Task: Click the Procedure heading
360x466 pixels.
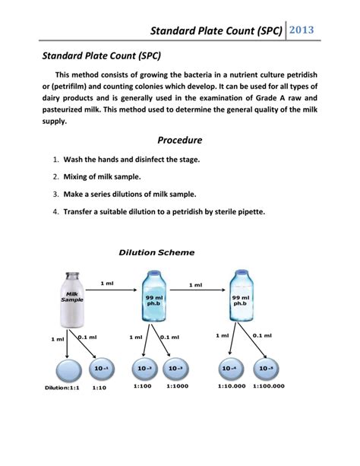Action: (179, 140)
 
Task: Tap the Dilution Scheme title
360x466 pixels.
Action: (156, 252)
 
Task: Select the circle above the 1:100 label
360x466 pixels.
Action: (144, 369)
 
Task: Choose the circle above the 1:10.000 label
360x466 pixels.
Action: (228, 369)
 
